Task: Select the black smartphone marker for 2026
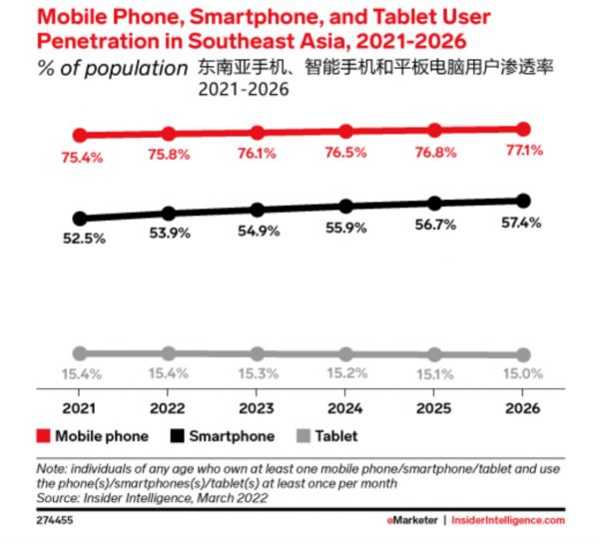pos(525,200)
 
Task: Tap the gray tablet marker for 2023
pos(258,353)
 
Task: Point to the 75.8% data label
pos(169,154)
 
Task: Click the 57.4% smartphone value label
pos(522,223)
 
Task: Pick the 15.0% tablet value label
pos(522,373)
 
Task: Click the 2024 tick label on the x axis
pos(345,409)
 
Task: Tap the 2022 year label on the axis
pos(169,409)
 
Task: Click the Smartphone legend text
pos(234,436)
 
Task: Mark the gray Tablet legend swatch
pos(304,436)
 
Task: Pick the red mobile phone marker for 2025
pos(435,130)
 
